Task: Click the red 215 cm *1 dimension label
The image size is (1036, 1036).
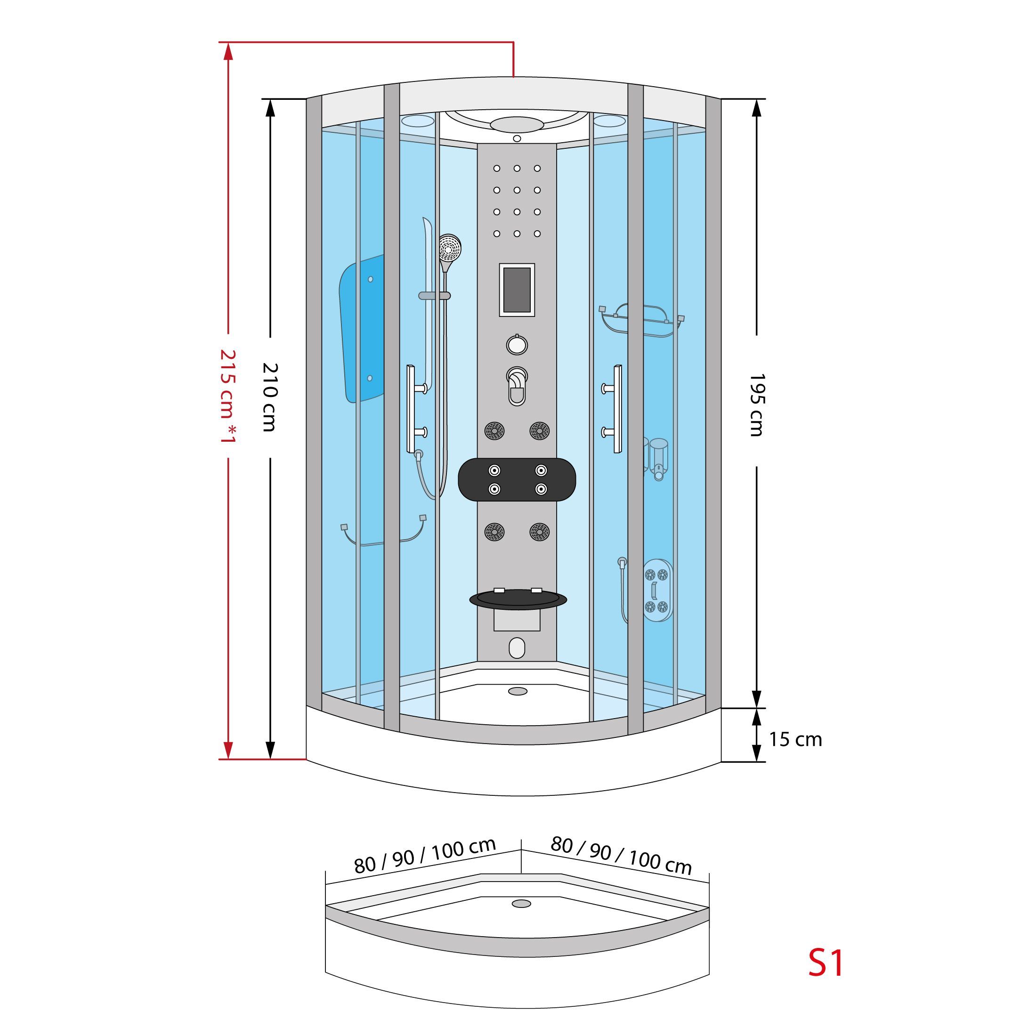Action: pyautogui.click(x=228, y=397)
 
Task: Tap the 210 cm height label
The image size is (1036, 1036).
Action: pyautogui.click(x=270, y=397)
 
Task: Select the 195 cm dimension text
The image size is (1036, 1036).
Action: pyautogui.click(x=756, y=405)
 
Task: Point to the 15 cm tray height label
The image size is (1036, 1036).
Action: pyautogui.click(x=795, y=739)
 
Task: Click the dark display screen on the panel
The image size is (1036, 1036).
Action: pyautogui.click(x=517, y=290)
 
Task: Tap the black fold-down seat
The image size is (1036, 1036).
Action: pyautogui.click(x=518, y=599)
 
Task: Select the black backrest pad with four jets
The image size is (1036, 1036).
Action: pyautogui.click(x=518, y=479)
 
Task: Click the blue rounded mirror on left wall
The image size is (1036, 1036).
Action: pyautogui.click(x=362, y=329)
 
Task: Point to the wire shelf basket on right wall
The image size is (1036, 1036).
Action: pyautogui.click(x=642, y=320)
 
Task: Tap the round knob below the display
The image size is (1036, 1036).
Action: pyautogui.click(x=517, y=345)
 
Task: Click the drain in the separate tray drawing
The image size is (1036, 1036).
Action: pyautogui.click(x=521, y=904)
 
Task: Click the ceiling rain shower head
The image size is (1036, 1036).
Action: pyautogui.click(x=517, y=124)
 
